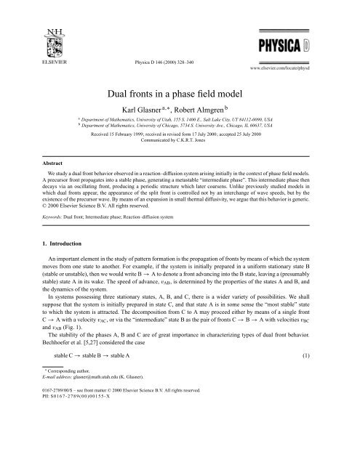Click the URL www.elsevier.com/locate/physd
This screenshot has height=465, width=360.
point(311,54)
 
